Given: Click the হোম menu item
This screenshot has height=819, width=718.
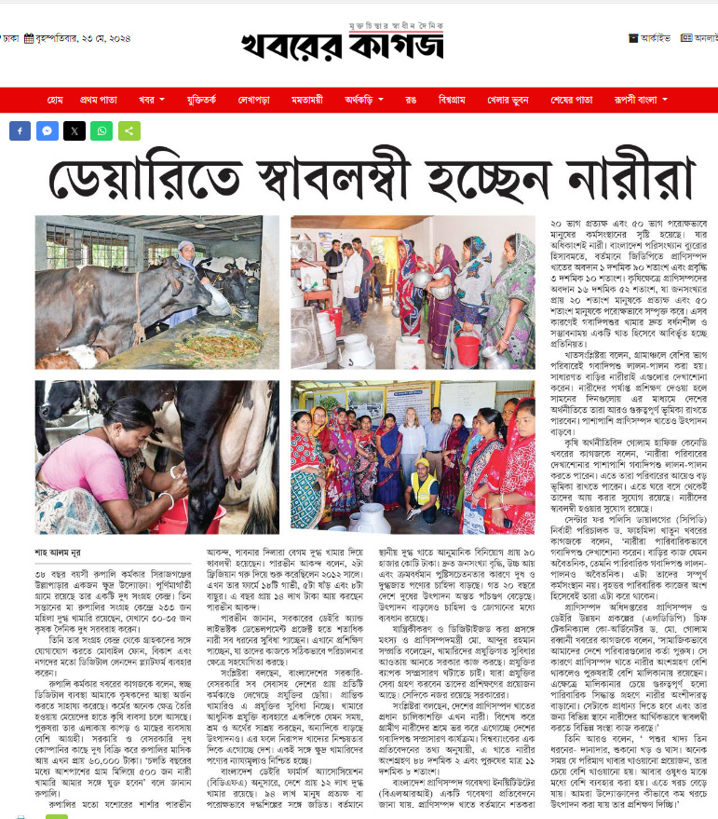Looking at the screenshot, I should click(55, 100).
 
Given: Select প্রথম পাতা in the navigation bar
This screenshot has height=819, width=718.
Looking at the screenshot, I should click(98, 100).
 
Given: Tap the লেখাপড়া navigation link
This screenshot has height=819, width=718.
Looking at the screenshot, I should click(253, 100).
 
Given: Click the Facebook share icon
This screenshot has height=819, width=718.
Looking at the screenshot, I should click(20, 131).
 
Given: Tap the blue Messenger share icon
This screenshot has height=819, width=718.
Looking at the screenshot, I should click(47, 131).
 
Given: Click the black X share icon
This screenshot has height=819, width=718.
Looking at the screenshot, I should click(75, 131).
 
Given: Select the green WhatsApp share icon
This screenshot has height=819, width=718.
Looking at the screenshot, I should click(102, 131).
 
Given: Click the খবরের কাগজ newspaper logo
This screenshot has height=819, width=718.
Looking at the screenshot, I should click(344, 43).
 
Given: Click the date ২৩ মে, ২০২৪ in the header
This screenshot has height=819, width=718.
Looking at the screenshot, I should click(89, 39).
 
